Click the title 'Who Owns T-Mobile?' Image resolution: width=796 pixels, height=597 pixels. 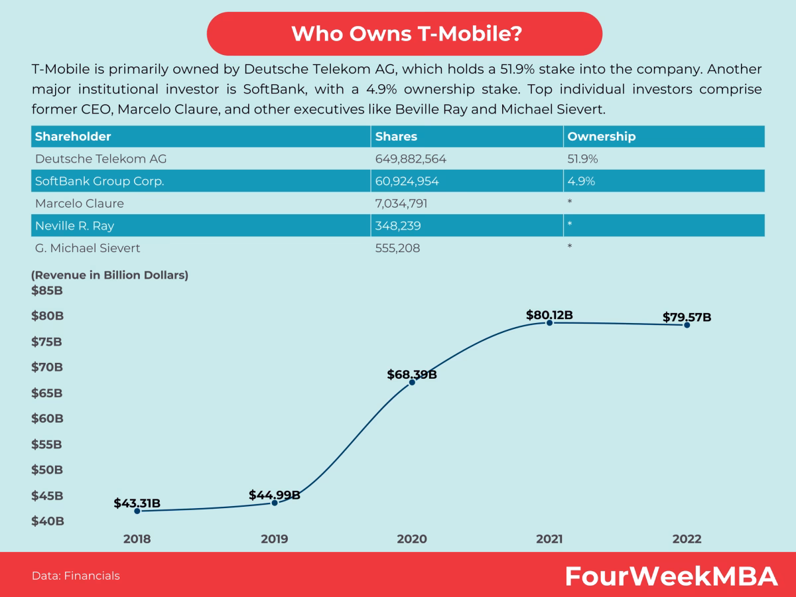click(405, 34)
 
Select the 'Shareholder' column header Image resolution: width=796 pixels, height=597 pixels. click(73, 137)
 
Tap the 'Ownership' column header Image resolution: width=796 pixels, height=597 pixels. click(602, 137)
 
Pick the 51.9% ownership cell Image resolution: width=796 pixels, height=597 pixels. click(580, 159)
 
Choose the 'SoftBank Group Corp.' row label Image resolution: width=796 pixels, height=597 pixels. click(99, 181)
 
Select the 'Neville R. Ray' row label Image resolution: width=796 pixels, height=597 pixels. click(74, 226)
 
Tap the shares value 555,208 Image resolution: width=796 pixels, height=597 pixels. click(397, 248)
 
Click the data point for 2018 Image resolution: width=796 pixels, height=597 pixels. click(137, 511)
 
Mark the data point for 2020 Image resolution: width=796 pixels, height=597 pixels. click(412, 382)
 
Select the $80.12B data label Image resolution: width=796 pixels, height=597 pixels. click(549, 315)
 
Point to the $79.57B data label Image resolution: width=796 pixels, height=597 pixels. click(687, 317)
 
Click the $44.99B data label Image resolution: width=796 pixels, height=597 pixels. click(274, 495)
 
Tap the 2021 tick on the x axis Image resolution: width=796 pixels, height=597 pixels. click(549, 539)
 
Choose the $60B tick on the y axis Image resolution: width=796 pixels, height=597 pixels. click(46, 419)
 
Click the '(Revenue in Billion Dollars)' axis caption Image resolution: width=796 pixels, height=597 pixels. click(109, 275)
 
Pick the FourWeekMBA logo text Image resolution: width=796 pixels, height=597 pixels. click(671, 576)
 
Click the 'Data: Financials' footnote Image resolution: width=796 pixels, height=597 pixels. click(76, 576)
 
